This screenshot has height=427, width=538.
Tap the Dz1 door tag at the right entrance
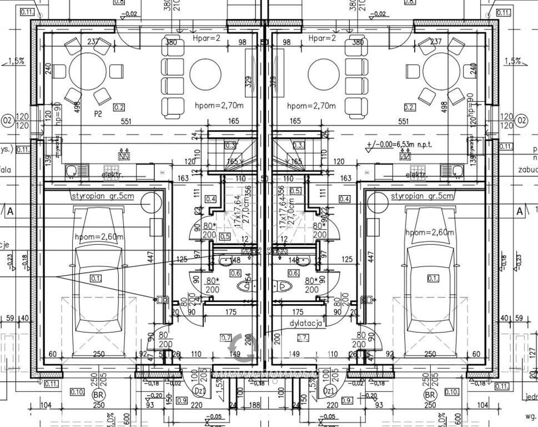tap(329, 391)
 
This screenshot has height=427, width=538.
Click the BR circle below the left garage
tap(97, 395)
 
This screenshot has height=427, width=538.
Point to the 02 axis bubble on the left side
tap(8, 120)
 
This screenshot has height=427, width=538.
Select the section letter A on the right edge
tap(520, 211)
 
